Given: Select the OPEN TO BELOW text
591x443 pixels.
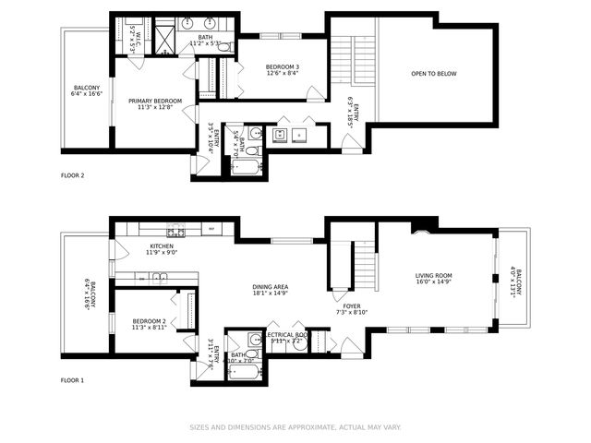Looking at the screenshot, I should point(433,74).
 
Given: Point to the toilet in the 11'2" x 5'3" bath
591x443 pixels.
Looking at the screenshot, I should point(223,46).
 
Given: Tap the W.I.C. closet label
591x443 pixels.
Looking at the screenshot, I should point(133,39).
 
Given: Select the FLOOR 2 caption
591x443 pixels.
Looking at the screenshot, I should point(72,175).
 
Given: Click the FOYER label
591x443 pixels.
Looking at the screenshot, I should point(352,308).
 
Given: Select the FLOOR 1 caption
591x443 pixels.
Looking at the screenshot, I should point(72,380).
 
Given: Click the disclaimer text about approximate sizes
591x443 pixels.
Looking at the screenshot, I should point(295,426).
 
